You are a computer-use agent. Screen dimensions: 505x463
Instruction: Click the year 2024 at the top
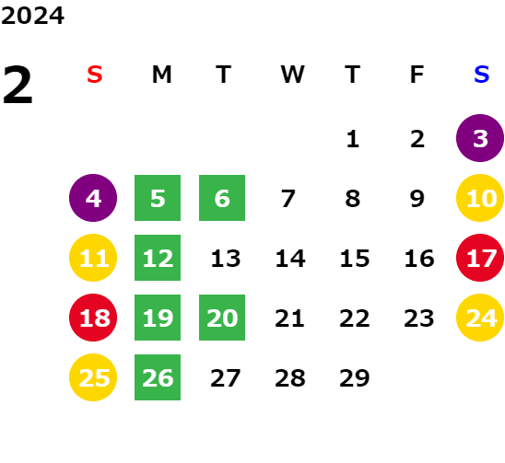pos(32,16)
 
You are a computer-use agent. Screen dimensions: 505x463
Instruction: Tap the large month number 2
pos(18,85)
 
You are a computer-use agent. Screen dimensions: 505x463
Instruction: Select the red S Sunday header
pos(95,75)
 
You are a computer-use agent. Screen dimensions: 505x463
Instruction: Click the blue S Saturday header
pos(482,75)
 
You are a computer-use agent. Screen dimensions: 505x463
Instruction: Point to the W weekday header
pos(292,75)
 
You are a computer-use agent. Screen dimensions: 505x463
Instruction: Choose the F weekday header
pos(417,75)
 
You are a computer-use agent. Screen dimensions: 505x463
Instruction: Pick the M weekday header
pos(161,75)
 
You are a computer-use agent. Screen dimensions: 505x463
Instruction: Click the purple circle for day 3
pos(480,138)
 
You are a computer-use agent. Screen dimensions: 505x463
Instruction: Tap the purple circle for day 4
pos(93,198)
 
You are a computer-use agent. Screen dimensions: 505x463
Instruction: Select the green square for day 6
pos(222,198)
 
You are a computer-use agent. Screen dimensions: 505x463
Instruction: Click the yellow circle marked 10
pos(480,198)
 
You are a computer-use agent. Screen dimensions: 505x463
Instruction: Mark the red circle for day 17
pos(480,258)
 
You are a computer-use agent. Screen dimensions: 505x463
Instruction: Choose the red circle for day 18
pos(93,318)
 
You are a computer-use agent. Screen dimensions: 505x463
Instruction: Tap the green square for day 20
pos(222,318)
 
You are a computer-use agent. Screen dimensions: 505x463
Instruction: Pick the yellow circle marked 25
pos(93,377)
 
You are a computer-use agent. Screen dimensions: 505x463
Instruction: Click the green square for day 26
pos(158,377)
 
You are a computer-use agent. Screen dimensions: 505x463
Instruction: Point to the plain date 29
pos(355,377)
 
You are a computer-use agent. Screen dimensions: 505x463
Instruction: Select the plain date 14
pos(290,258)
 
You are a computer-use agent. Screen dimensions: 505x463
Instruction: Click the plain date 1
pos(353,139)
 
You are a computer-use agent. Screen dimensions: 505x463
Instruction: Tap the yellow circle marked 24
pos(480,318)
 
